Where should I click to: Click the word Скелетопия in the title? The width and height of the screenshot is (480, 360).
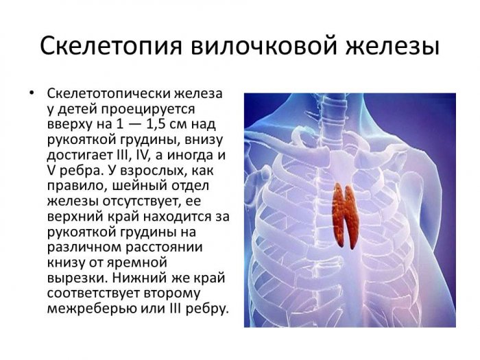[x=111, y=47]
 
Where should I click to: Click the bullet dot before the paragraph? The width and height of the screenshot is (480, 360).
[x=31, y=93]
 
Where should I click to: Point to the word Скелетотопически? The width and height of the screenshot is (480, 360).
[x=108, y=94]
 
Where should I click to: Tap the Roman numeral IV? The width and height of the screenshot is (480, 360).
[x=142, y=155]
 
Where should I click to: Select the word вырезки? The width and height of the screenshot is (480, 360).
[x=77, y=278]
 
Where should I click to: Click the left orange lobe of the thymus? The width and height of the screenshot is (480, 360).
[x=339, y=215]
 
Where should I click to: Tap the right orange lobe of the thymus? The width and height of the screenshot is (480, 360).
[x=351, y=217]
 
